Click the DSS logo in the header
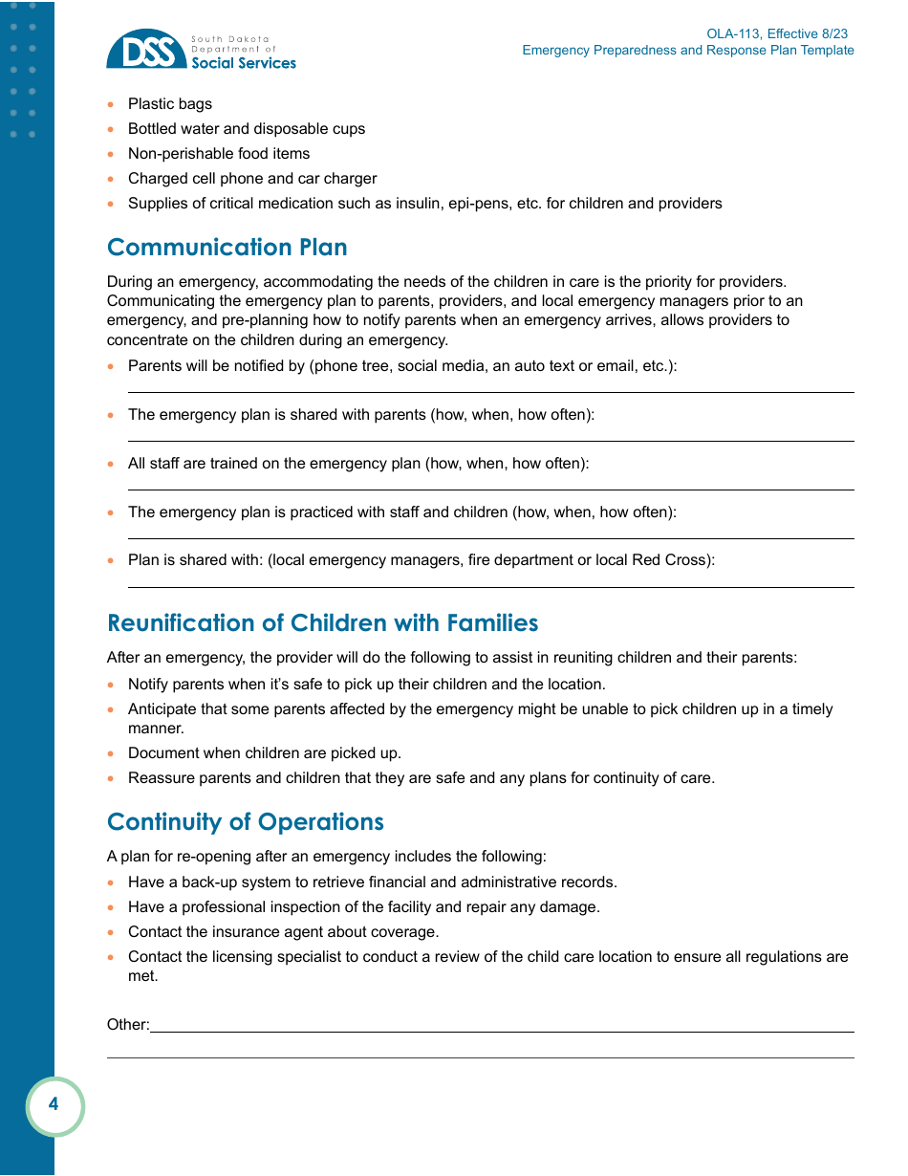coord(146,50)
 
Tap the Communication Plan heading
coord(227,247)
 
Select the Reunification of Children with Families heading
coord(322,622)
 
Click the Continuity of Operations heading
coord(245,822)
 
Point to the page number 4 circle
coord(54,1105)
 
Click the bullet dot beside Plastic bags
coord(112,104)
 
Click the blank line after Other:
coord(502,1030)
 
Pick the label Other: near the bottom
coord(127,1025)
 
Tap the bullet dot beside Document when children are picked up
coord(112,753)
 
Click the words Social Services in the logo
coord(244,63)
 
